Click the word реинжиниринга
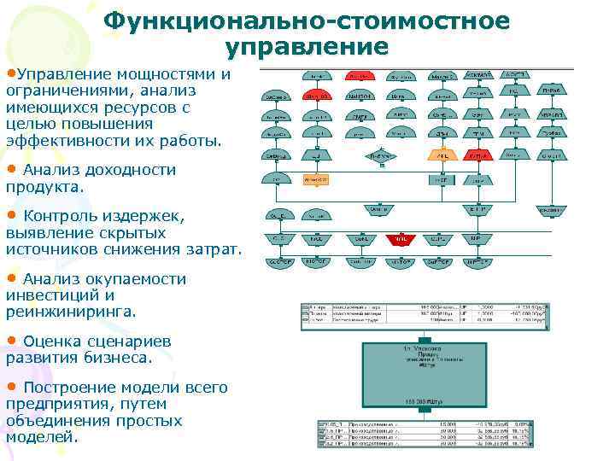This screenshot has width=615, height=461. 70,312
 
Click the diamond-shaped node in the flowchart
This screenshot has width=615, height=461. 380,156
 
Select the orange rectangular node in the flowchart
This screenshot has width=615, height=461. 316,179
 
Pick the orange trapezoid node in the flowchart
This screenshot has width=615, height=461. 442,156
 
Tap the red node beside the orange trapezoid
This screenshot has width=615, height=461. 479,156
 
